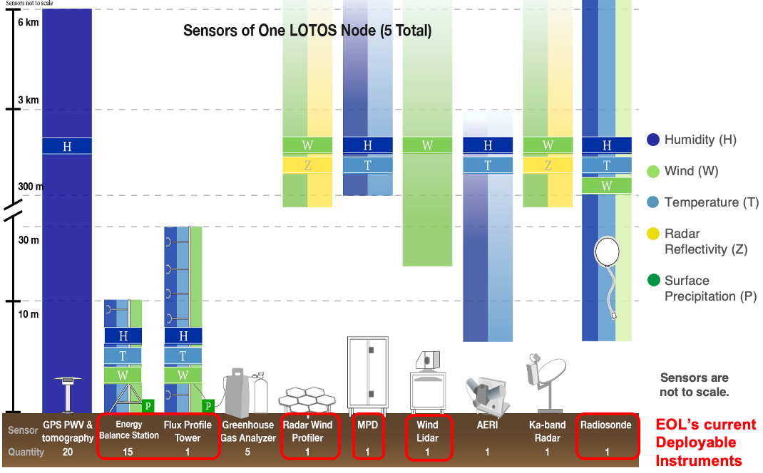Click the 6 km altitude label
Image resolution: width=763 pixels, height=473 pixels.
point(29,22)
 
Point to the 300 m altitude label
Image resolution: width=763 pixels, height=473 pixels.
point(30,187)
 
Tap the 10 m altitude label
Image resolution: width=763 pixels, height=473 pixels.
point(29,314)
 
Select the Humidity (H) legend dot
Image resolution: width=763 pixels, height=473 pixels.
point(652,140)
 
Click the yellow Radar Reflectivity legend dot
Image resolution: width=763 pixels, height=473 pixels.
point(652,234)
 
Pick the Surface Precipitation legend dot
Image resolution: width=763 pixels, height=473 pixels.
point(652,281)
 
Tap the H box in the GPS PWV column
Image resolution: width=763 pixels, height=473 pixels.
point(67,146)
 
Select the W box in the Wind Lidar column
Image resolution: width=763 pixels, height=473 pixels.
point(427,145)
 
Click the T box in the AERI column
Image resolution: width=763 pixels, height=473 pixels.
point(488,165)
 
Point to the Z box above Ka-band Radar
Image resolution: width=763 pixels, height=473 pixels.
point(548,165)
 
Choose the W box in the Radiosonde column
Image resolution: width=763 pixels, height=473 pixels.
point(607,185)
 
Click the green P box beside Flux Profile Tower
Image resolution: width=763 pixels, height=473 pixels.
point(208,405)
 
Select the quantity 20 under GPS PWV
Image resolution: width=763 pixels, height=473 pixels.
point(68,452)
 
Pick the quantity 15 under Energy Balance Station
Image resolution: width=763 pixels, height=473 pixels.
point(128,452)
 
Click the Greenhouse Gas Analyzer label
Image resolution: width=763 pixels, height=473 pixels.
point(247,431)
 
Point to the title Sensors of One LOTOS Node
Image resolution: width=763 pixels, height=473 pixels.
point(307,31)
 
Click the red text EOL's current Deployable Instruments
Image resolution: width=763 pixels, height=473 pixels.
point(705,442)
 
